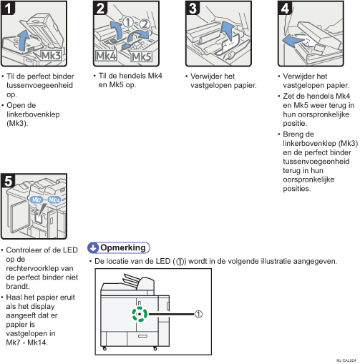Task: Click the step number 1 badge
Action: click(x=8, y=8)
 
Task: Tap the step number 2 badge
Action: click(x=100, y=8)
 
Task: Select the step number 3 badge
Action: click(x=193, y=8)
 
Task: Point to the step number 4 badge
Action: click(x=285, y=8)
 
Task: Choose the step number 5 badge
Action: click(x=8, y=181)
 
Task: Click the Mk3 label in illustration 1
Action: click(x=51, y=56)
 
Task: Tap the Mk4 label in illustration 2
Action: click(x=106, y=56)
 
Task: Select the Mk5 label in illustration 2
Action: click(x=142, y=57)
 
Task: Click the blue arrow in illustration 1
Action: click(x=23, y=41)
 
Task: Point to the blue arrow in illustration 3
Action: click(x=228, y=31)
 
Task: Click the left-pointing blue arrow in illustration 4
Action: click(x=293, y=40)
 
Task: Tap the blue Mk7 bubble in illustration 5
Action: click(x=37, y=200)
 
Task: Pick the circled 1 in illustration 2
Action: click(x=128, y=22)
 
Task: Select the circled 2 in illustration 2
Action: click(x=145, y=24)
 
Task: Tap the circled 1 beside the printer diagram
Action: click(x=198, y=314)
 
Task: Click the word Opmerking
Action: click(x=123, y=247)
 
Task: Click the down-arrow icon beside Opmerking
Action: click(x=93, y=248)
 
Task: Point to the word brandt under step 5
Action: click(x=18, y=286)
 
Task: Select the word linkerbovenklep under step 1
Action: click(x=33, y=114)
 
